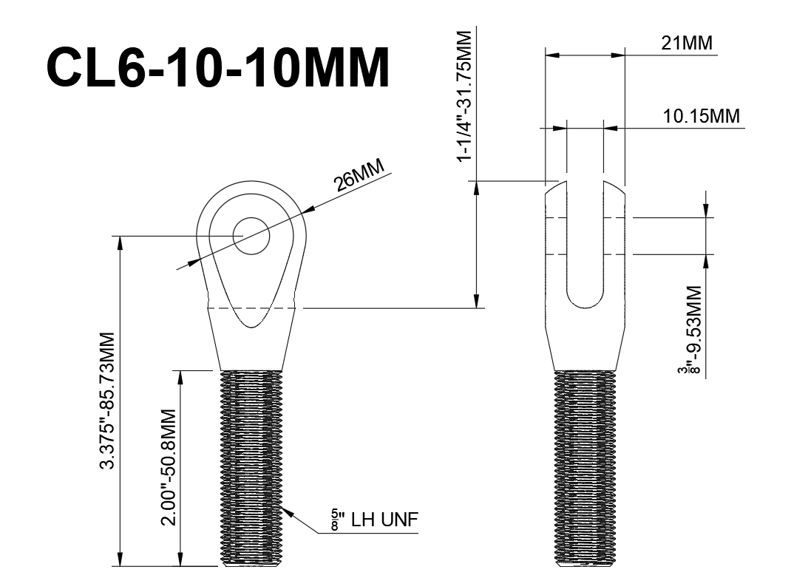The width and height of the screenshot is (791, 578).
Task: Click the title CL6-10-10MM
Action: coord(218,68)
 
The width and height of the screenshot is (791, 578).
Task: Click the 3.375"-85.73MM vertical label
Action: coord(109,400)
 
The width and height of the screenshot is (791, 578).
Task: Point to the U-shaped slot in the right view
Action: coord(585,244)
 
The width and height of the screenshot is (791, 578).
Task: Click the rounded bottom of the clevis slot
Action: coord(585,302)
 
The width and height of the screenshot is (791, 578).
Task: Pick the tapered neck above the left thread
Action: coord(251,347)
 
